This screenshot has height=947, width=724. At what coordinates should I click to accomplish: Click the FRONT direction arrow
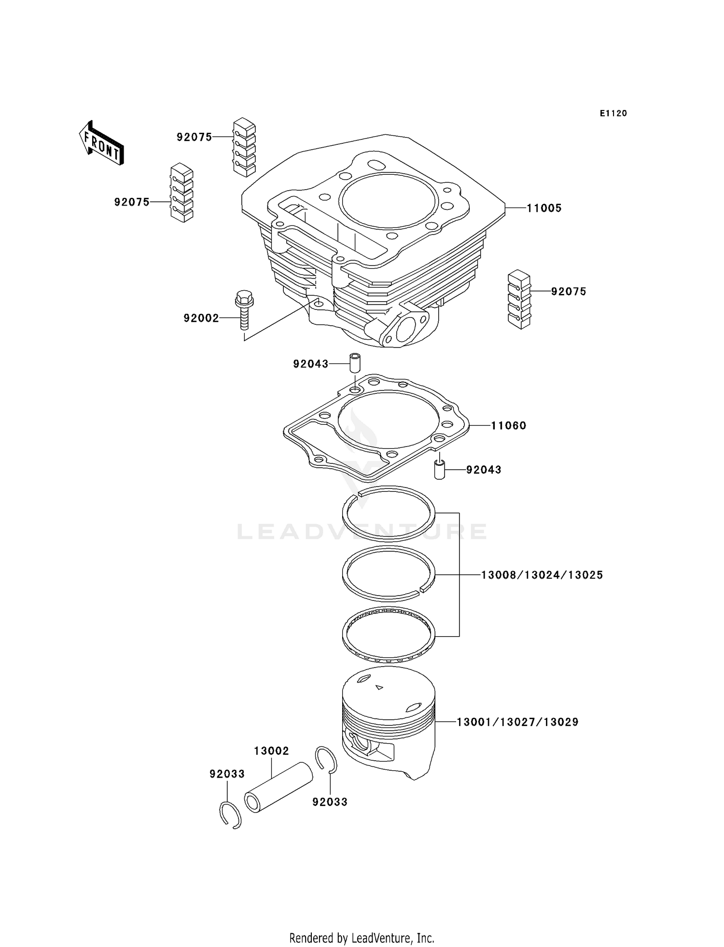pos(101,143)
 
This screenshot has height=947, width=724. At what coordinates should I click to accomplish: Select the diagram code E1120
pos(613,113)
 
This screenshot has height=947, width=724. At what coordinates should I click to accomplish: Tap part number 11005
pos(543,209)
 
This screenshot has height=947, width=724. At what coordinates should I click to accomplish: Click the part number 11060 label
pos(508,426)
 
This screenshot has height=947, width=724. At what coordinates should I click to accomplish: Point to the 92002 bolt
pos(244,308)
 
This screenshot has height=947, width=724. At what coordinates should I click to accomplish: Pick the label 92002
pos(201,319)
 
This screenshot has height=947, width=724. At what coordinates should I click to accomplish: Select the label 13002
pos(271,751)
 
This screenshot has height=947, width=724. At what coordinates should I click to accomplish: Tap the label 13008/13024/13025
pos(542,575)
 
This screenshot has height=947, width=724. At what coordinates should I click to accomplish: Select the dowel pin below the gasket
pos(439,469)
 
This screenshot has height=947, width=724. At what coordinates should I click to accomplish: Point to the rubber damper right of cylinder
pos(519,299)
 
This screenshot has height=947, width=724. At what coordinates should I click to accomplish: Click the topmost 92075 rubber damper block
pos(244,146)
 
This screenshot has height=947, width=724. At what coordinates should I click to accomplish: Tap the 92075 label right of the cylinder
pos(568,292)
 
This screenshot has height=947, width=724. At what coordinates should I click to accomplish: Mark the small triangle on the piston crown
pos(379,687)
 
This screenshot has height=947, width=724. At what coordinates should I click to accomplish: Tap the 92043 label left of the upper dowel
pos(310,364)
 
